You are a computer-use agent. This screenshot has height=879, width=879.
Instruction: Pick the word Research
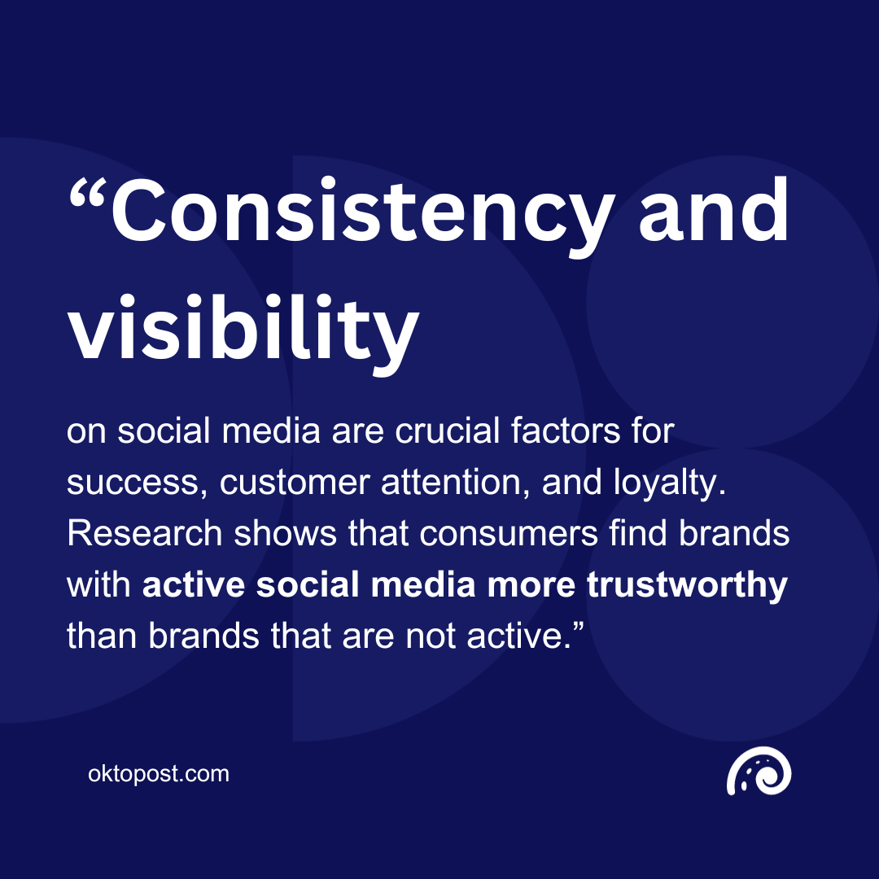pos(144,534)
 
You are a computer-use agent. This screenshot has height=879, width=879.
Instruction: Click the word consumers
pos(486,534)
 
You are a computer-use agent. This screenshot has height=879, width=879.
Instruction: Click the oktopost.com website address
pos(159,773)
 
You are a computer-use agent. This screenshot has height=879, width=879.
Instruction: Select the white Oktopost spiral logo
pos(759,774)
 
